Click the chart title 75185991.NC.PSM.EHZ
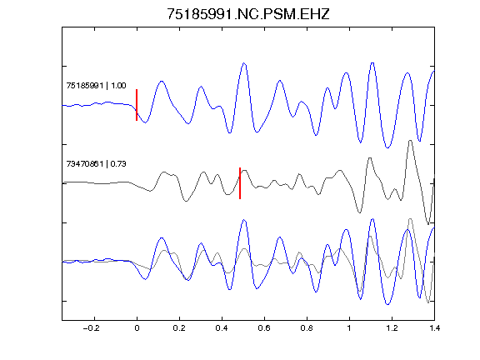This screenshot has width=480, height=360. pos(248,14)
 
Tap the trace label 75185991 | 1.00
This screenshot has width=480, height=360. pos(96,85)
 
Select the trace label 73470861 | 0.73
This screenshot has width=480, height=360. pos(96,164)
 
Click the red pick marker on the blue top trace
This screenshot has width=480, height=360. pos(137,105)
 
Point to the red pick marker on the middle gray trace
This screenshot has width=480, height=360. pos(240,183)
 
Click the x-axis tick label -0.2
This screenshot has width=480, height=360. pos(92,328)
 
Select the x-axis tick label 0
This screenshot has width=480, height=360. pos(137,328)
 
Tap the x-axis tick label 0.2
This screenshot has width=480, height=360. pos(179,328)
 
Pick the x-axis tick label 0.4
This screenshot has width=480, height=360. pos(222,328)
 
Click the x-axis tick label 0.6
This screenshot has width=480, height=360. pos(264,328)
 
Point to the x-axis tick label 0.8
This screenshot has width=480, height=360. pos(307,328)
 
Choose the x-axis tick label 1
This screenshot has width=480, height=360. pos(349,328)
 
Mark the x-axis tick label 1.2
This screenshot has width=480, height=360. pos(392,328)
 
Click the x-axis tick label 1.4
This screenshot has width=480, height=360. pos(434,328)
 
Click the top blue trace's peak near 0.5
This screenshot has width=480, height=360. pos(244,63)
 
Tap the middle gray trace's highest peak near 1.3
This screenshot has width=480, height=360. pos(410,141)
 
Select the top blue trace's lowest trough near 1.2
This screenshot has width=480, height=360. pos(387,147)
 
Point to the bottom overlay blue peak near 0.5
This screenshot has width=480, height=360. pos(244,220)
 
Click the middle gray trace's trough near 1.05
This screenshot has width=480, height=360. pos(360,212)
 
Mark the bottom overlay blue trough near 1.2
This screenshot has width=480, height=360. pos(387,305)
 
